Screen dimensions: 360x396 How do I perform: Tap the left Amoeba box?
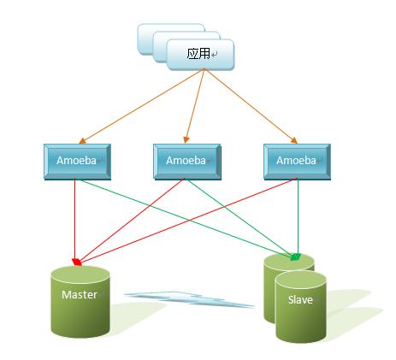pos(75,160)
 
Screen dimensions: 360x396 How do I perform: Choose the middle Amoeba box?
pos(185,160)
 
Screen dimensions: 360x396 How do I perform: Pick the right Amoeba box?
pos(297,160)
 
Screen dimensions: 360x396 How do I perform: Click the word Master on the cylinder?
pos(79,295)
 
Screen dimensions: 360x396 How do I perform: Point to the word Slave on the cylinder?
pos(299,300)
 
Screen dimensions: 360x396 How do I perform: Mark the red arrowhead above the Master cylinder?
pos(79,261)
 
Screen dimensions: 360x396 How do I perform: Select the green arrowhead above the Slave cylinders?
pos(296,257)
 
